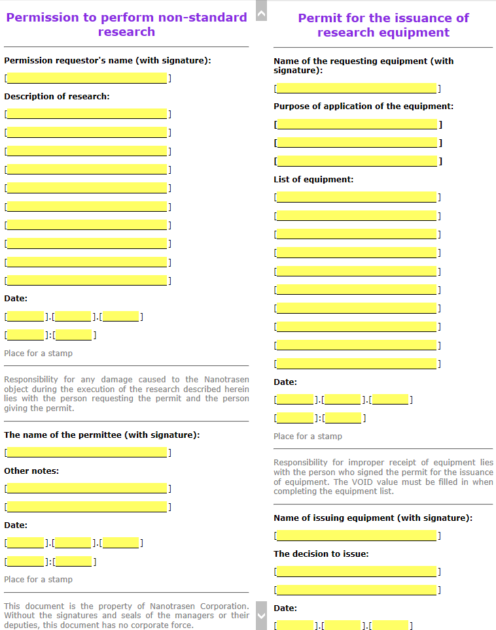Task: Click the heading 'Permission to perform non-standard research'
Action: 126,24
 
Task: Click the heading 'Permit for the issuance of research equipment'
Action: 383,25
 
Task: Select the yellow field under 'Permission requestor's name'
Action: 87,78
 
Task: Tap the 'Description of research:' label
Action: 57,96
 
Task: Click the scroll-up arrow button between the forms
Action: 261,12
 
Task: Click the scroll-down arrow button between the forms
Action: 261,616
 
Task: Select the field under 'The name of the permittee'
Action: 87,452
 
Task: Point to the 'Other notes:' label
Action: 31,471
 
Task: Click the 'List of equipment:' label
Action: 313,179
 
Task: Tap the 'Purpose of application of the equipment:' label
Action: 363,106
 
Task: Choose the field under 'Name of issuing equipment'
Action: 357,536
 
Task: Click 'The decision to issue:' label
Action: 321,554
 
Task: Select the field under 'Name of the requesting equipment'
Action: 357,88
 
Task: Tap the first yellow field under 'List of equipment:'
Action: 357,197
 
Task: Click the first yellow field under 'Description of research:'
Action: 87,114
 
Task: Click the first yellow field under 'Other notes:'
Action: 87,488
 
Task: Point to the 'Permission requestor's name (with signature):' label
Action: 107,61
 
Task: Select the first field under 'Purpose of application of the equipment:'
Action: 357,124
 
